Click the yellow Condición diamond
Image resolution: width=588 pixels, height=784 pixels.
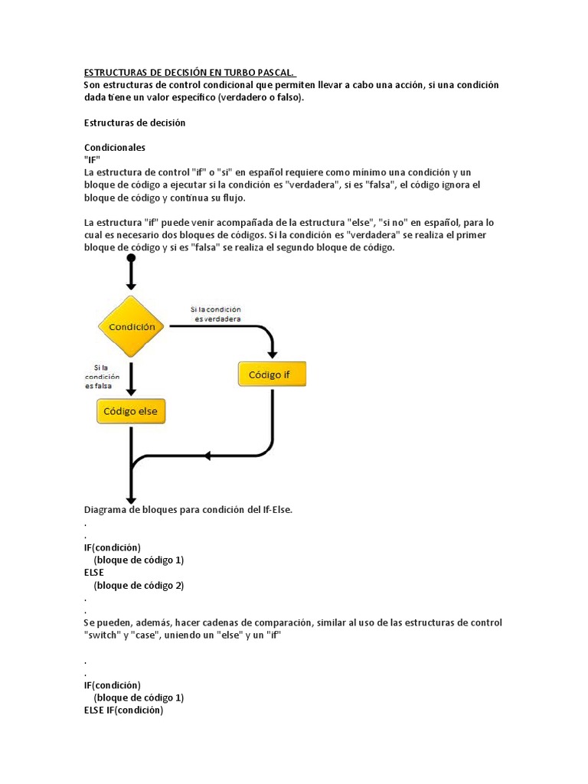[x=131, y=326]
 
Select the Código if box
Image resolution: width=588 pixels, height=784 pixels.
[x=273, y=374]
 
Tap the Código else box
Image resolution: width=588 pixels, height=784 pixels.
[x=131, y=411]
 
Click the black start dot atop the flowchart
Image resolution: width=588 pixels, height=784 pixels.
[x=131, y=259]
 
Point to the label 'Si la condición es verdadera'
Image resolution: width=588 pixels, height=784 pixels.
[x=217, y=314]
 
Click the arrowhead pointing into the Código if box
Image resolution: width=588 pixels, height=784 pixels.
[x=273, y=353]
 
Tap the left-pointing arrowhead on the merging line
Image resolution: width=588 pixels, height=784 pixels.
[x=207, y=456]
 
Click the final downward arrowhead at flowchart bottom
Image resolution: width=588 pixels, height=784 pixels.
[x=131, y=495]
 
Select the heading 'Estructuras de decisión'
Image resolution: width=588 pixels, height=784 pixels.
[x=135, y=122]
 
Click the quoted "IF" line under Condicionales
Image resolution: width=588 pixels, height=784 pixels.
[x=92, y=159]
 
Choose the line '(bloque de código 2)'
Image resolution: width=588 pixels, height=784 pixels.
[x=139, y=585]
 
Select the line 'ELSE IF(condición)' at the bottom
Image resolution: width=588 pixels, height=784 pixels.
[x=123, y=710]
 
